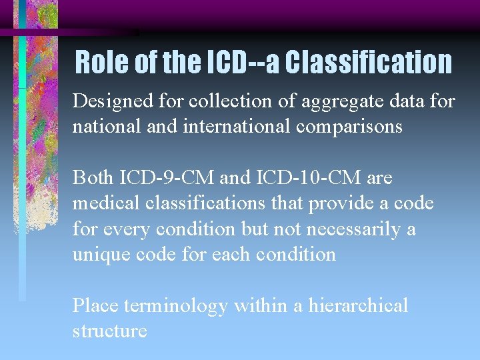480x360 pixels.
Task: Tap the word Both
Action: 93,178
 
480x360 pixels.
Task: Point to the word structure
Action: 109,331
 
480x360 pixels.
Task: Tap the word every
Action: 127,229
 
